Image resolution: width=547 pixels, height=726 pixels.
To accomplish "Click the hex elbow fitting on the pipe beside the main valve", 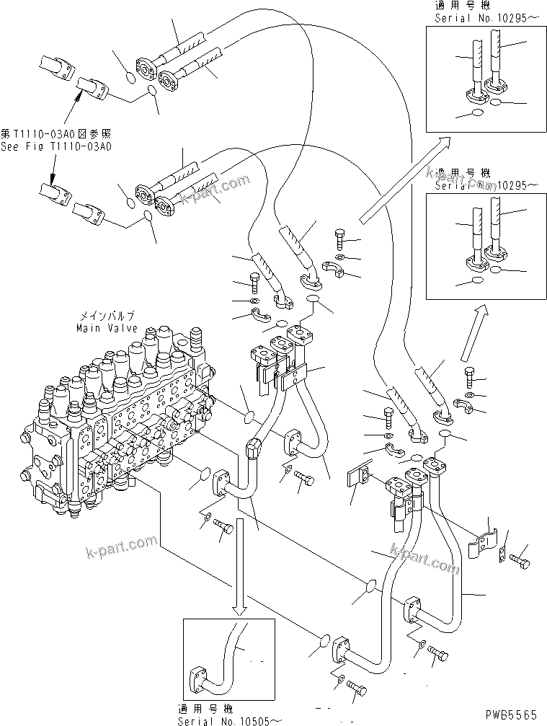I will click(254, 448).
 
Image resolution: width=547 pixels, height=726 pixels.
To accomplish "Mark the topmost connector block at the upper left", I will click(55, 66).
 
